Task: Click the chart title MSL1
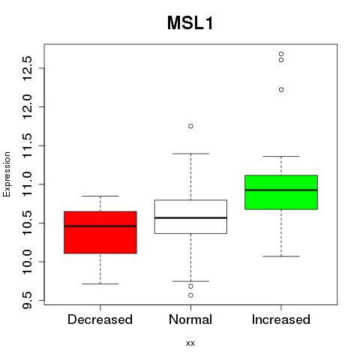[190, 23]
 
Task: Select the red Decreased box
[100, 232]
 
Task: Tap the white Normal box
[190, 217]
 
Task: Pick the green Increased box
[281, 192]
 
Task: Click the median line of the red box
[100, 226]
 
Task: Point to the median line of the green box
[281, 190]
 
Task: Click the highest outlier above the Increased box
[281, 54]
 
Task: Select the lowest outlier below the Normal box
[190, 295]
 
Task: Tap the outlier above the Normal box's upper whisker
[190, 126]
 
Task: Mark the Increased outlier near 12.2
[281, 90]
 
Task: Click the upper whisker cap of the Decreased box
[100, 196]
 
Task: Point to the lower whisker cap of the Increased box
[281, 256]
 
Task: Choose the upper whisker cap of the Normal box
[190, 154]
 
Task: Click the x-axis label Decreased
[100, 319]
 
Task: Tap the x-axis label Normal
[190, 319]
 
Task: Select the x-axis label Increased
[281, 319]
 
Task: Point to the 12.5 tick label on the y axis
[28, 68]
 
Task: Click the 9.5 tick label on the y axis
[28, 300]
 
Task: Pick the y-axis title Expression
[7, 174]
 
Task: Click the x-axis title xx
[190, 343]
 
